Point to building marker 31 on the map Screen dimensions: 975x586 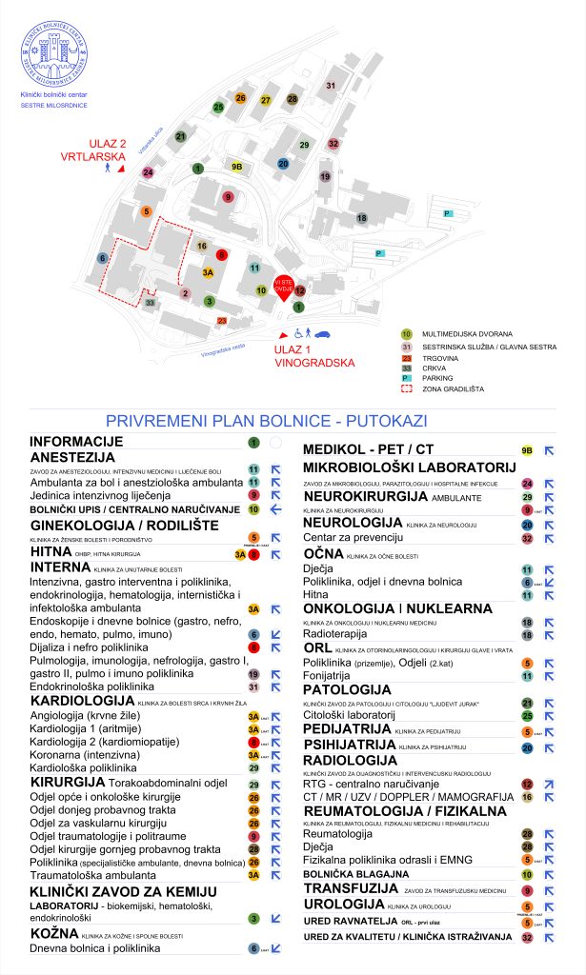(x=331, y=87)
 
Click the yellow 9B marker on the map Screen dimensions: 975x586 (x=238, y=167)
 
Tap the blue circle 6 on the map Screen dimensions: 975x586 (x=102, y=258)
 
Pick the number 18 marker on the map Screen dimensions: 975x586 (x=361, y=218)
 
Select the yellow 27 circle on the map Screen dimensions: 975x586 (x=266, y=100)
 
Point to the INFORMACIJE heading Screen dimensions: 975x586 (x=77, y=442)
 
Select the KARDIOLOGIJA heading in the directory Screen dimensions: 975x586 (x=84, y=701)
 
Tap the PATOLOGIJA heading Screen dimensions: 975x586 (x=348, y=688)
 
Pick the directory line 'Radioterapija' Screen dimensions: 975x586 (x=336, y=632)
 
